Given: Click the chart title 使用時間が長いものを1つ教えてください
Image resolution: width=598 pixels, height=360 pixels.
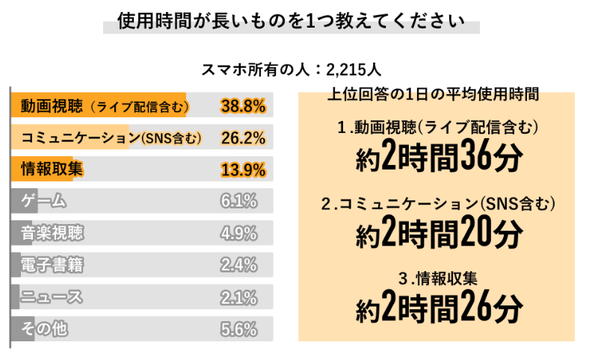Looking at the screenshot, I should pyautogui.click(x=291, y=21).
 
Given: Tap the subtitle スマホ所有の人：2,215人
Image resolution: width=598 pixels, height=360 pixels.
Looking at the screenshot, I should pyautogui.click(x=292, y=71).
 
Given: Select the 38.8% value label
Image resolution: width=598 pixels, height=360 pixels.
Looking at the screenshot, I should pyautogui.click(x=244, y=106).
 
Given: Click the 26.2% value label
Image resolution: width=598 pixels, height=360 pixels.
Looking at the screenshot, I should pyautogui.click(x=244, y=138).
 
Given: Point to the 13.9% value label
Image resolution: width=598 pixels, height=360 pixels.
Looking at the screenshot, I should pyautogui.click(x=244, y=170).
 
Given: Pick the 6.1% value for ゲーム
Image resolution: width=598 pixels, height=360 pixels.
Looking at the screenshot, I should pyautogui.click(x=239, y=202).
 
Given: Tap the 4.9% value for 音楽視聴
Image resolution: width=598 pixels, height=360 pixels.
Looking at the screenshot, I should pyautogui.click(x=239, y=233).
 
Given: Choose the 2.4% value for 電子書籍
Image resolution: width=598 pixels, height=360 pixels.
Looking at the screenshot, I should pyautogui.click(x=239, y=265).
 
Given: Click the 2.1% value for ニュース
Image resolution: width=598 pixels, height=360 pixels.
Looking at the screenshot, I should pyautogui.click(x=239, y=297).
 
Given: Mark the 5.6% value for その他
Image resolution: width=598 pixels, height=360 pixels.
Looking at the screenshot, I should pyautogui.click(x=239, y=329).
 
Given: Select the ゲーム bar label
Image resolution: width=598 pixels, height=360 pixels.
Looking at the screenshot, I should pyautogui.click(x=44, y=202).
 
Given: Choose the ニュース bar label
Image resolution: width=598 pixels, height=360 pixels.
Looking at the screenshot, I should pyautogui.click(x=52, y=297).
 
